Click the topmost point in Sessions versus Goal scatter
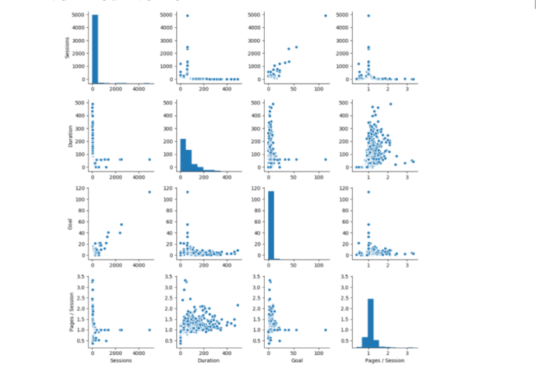pos(326,16)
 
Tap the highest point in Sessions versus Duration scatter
pos(187,16)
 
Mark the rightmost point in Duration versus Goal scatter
pos(326,159)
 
